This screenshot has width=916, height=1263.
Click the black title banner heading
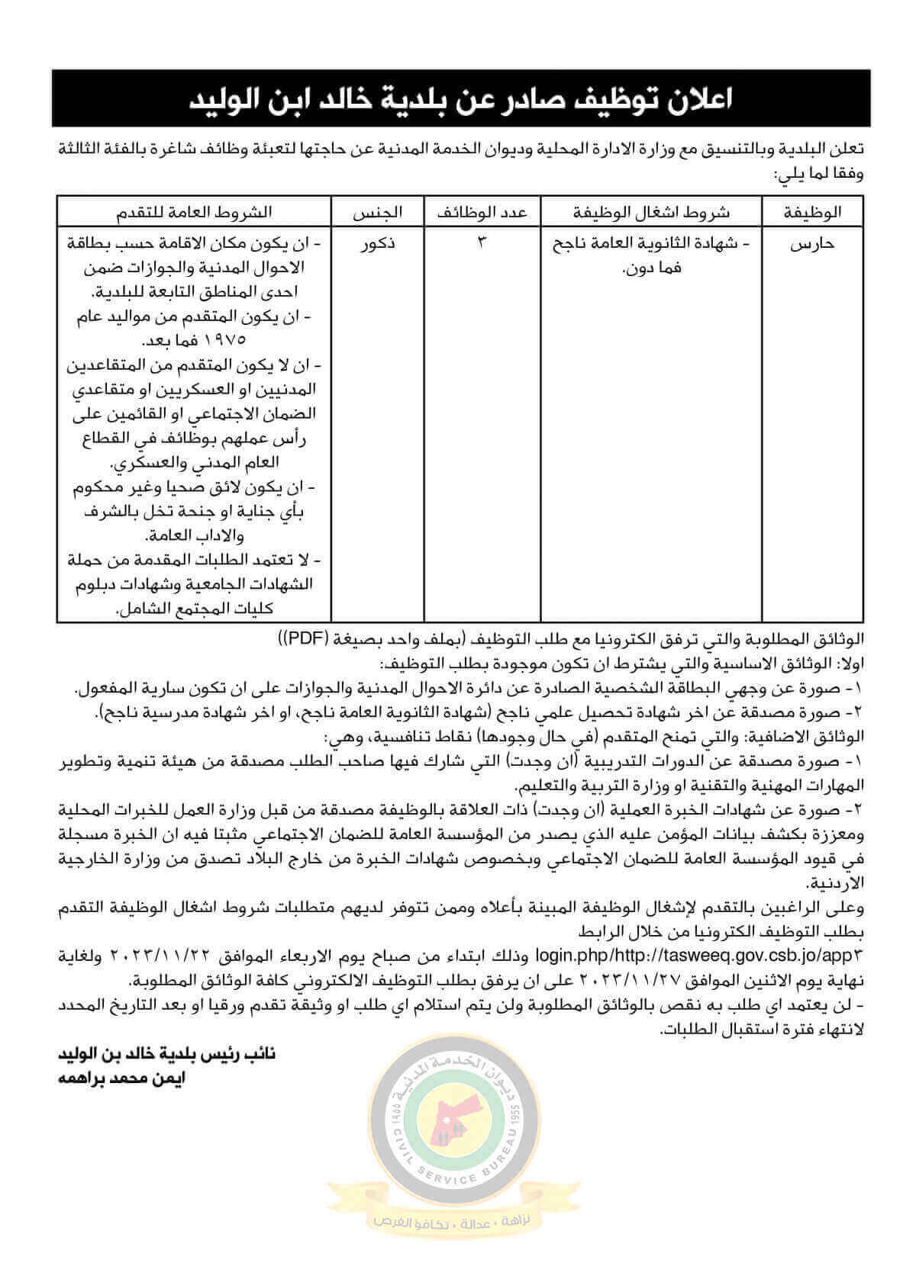461,99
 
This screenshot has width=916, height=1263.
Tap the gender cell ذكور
377,244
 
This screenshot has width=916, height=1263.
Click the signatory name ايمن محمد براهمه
122,1078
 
